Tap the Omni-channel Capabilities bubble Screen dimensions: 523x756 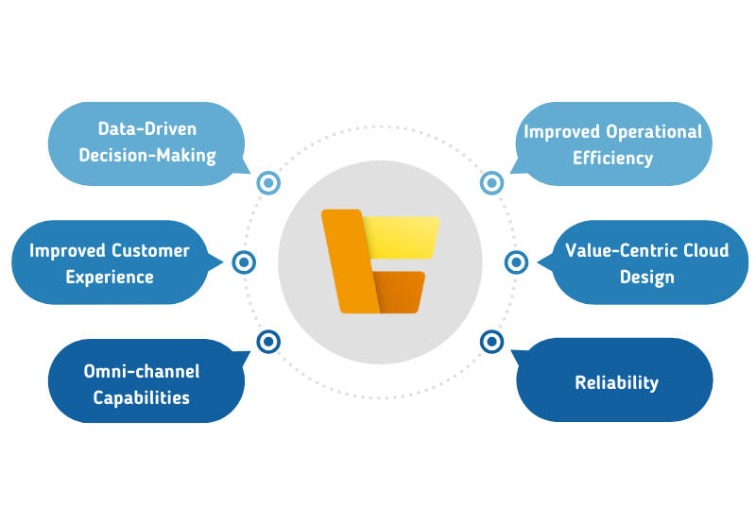(142, 382)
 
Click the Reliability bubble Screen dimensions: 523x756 (616, 381)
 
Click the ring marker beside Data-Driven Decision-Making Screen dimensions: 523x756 (269, 183)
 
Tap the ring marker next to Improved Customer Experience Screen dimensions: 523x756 (244, 262)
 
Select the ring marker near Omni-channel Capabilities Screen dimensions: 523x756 (269, 341)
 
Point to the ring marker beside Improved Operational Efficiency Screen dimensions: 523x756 (490, 183)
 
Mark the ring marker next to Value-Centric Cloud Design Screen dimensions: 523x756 (516, 262)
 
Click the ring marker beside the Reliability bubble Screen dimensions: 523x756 (490, 341)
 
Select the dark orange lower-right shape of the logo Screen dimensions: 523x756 (399, 293)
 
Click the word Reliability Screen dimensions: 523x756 (616, 382)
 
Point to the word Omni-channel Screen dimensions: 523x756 (142, 371)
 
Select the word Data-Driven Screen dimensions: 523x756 (146, 129)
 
